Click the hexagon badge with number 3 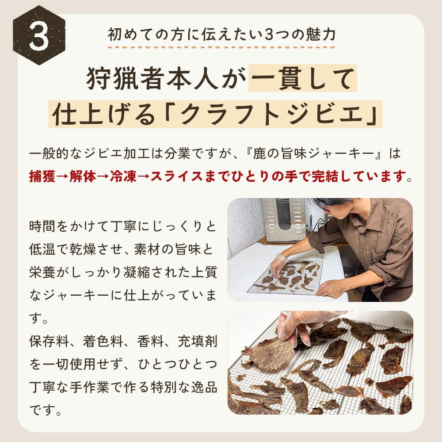39,35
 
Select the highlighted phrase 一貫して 302,78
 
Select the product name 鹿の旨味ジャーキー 313,153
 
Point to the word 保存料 49,341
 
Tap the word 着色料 103,341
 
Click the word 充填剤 197,341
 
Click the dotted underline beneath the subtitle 221,47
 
